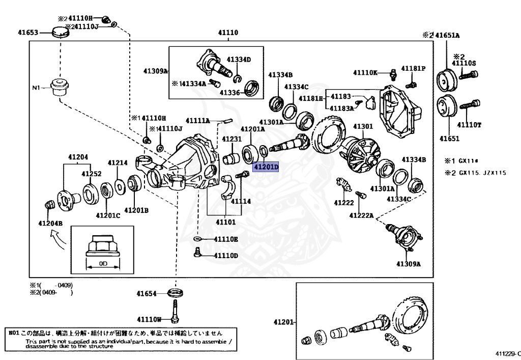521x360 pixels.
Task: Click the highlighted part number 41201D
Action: coord(267,167)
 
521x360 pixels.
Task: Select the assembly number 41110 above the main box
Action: coord(228,33)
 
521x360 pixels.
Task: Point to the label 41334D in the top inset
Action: coord(239,59)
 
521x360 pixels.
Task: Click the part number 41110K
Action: coord(365,73)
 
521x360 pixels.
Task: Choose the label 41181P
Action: coord(413,68)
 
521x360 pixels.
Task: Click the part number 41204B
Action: coord(50,223)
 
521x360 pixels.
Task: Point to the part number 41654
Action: coord(147,293)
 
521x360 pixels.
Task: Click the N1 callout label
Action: coord(36,88)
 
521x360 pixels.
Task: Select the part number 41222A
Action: coord(361,216)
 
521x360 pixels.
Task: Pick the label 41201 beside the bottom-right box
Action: coord(283,322)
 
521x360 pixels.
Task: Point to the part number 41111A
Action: coord(197,121)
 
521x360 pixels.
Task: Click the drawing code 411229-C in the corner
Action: coord(507,353)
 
